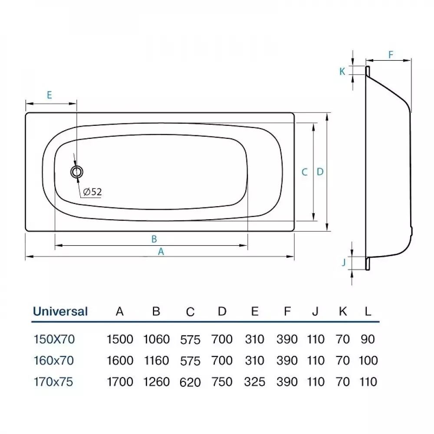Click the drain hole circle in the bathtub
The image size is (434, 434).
77,172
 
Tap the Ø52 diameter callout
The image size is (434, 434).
91,191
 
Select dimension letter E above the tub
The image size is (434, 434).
49,95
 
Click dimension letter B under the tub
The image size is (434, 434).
154,238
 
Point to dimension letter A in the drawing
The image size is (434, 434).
161,251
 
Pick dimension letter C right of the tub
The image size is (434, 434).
305,172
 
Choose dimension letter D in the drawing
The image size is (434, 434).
320,172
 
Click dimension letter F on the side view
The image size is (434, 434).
390,55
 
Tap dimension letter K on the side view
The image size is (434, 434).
342,72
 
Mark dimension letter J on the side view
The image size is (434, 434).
343,262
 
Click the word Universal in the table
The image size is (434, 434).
60,311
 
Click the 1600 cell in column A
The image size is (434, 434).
120,361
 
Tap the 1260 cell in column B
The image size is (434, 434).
156,381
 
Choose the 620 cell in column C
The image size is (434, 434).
190,382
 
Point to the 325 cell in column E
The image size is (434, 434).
255,381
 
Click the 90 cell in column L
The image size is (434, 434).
368,339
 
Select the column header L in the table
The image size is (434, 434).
368,311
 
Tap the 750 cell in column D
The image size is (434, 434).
222,381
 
